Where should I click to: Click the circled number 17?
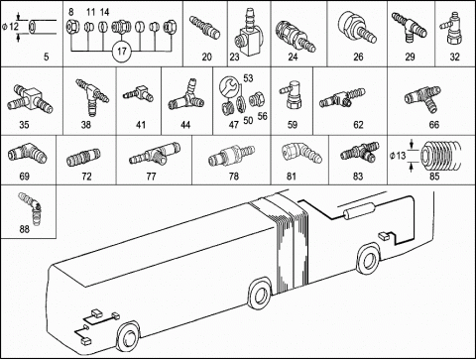tap(122, 52)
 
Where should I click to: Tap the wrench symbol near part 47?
tap(228, 86)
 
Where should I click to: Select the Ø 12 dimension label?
tap(10, 27)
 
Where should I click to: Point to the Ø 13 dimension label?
tap(398, 155)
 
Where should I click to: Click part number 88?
tap(25, 229)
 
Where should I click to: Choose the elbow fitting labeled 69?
tap(27, 155)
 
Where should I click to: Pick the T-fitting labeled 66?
tap(423, 98)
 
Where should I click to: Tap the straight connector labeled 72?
tap(83, 158)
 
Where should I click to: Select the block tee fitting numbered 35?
tap(30, 99)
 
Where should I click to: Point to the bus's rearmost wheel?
tap(369, 261)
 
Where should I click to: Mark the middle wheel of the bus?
tap(261, 295)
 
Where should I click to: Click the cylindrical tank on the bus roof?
tap(358, 211)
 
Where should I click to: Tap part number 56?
tap(263, 116)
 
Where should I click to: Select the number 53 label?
tap(248, 78)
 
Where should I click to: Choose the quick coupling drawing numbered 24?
tap(296, 36)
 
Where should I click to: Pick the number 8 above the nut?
tap(71, 12)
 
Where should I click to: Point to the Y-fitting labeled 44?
tap(186, 96)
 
